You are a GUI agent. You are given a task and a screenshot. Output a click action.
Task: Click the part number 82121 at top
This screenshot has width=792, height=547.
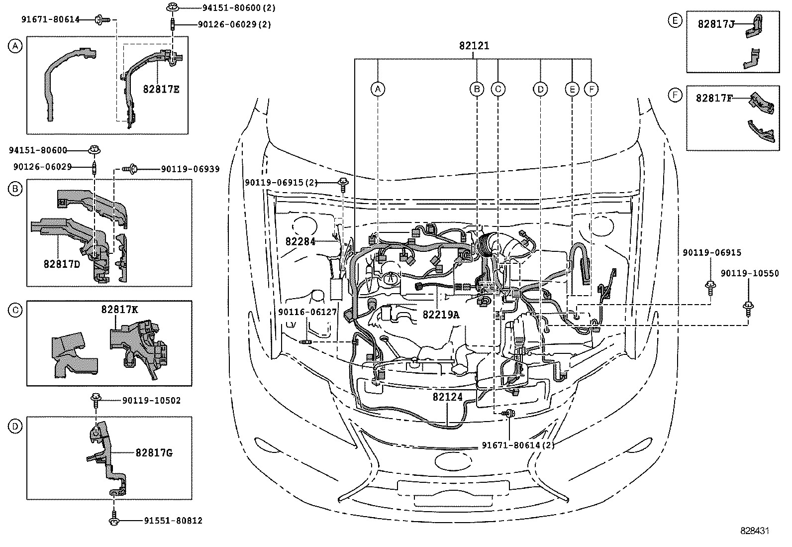[x=474, y=46]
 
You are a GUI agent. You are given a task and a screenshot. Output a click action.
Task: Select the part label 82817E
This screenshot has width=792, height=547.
[x=161, y=90]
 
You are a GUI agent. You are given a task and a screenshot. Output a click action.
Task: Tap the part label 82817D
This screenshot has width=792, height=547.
[x=62, y=264]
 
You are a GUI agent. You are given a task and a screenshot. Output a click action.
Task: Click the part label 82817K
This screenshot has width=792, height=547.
[x=119, y=310]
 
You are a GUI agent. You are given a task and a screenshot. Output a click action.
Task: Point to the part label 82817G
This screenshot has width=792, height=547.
[x=154, y=453]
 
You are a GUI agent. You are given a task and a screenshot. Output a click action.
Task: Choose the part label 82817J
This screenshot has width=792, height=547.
[x=716, y=24]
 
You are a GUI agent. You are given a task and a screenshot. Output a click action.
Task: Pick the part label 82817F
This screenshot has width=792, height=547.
[x=714, y=98]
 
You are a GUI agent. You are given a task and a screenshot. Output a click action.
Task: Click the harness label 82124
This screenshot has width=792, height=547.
[x=447, y=397]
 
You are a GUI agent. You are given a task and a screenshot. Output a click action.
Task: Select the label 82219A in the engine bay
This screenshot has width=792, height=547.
[x=441, y=315]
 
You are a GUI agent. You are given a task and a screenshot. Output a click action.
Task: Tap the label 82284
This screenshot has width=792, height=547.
[x=301, y=241]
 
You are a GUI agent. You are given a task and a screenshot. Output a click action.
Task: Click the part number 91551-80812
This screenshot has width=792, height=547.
[x=173, y=521]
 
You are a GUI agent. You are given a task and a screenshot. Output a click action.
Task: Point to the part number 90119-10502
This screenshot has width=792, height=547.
[x=151, y=400]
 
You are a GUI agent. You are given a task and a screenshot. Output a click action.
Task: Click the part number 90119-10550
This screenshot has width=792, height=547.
[x=750, y=273]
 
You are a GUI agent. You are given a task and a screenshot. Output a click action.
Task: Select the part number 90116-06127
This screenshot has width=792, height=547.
[x=307, y=312]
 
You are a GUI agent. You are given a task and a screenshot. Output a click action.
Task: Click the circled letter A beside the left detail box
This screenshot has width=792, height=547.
[x=15, y=47]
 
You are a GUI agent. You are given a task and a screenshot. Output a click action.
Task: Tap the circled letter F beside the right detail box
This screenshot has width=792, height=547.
[x=675, y=95]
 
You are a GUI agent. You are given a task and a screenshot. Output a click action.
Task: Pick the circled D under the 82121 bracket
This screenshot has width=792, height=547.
[x=540, y=89]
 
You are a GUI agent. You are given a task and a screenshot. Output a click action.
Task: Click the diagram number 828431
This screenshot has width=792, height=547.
[x=754, y=531]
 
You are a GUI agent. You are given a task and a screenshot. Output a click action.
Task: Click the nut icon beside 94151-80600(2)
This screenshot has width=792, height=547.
[x=172, y=7]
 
